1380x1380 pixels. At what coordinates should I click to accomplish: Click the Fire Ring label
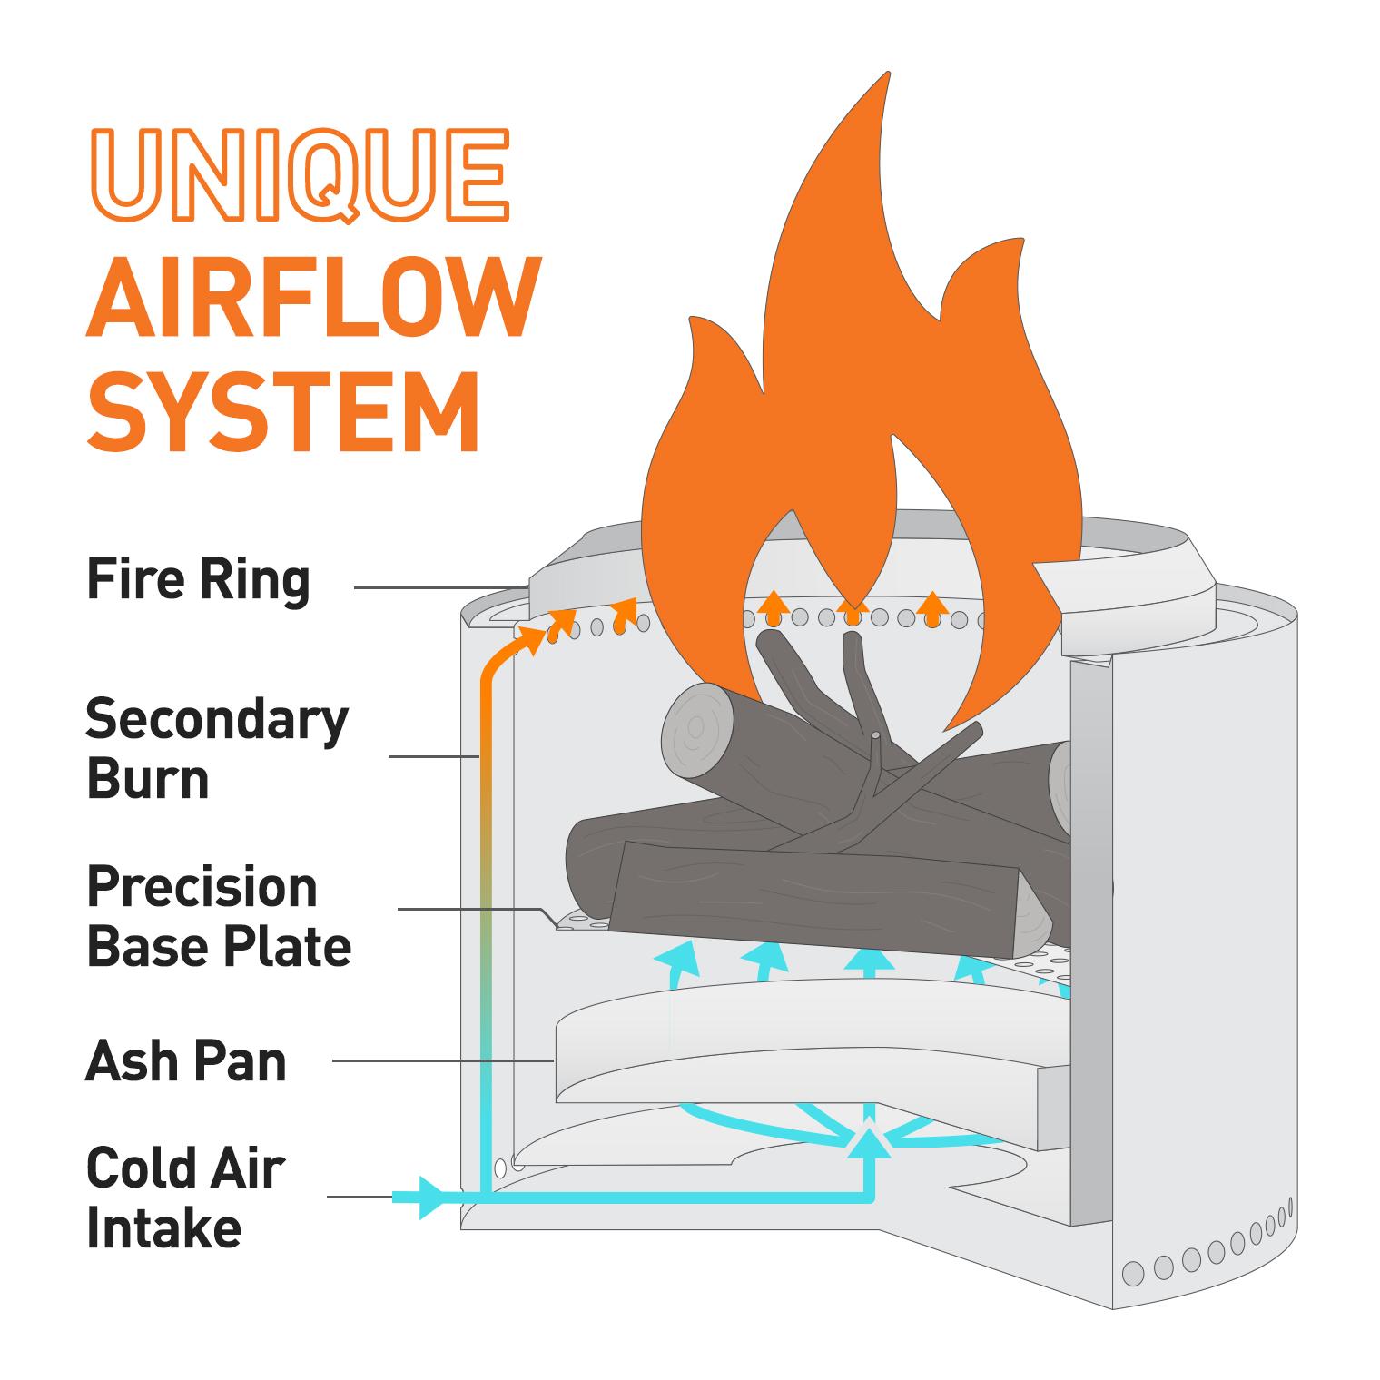198,580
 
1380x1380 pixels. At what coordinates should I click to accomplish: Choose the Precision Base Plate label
219,916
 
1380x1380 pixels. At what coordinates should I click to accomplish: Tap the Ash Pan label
186,1060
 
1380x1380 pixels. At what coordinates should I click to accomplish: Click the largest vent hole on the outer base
1133,1273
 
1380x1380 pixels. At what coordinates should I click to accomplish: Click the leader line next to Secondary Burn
433,755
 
